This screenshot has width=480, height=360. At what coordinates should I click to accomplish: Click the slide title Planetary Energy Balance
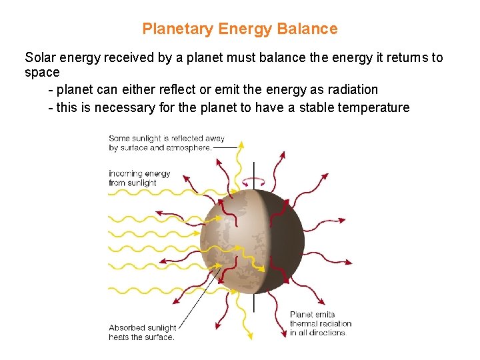pyautogui.click(x=240, y=29)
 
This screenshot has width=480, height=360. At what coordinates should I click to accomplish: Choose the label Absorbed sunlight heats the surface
pyautogui.click(x=142, y=332)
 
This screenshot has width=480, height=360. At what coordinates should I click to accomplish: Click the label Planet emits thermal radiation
pyautogui.click(x=320, y=323)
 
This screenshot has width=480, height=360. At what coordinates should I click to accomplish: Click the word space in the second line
pyautogui.click(x=42, y=73)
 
